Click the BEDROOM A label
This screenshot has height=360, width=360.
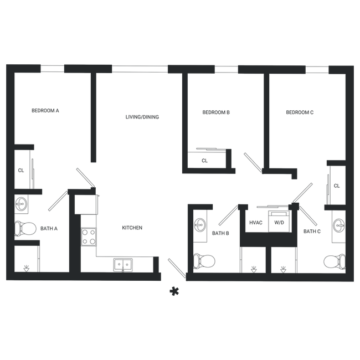pos(45,111)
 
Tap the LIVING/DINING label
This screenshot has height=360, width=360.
pos(142,117)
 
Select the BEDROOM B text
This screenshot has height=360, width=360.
pos(216,112)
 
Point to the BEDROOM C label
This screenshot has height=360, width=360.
pos(300,112)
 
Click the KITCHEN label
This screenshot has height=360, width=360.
pos(132,228)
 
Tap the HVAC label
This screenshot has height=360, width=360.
pos(256,223)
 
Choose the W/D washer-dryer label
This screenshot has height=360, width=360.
pos(279,223)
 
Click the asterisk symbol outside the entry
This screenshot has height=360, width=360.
pos(174,291)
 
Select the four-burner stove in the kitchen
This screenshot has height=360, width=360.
pos(89,237)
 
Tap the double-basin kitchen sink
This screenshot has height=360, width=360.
pos(123,265)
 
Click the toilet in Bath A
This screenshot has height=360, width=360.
pos(25,228)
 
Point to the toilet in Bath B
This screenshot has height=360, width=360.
pos(204,261)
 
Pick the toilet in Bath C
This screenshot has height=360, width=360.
pos(335,261)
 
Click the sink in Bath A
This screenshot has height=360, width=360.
pos(21,204)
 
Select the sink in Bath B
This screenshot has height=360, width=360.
pos(200,225)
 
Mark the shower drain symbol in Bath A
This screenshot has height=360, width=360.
pos(27,269)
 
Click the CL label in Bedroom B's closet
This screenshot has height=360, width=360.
pos(204,161)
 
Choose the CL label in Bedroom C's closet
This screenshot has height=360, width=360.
pos(337,186)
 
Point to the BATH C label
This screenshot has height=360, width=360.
pos(312,232)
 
